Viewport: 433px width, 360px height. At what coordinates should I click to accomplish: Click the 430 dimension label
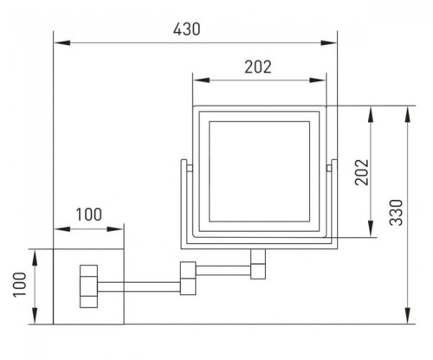click(x=186, y=29)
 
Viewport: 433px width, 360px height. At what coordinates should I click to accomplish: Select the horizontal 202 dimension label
click(x=258, y=67)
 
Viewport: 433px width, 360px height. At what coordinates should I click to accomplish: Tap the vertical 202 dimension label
click(x=362, y=172)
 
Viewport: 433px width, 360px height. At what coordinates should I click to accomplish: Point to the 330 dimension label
click(x=396, y=212)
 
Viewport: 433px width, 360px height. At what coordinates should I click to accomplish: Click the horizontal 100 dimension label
click(x=89, y=215)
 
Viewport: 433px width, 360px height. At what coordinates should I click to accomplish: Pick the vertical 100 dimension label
click(x=20, y=285)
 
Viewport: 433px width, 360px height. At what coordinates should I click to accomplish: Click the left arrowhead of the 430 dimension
click(x=61, y=43)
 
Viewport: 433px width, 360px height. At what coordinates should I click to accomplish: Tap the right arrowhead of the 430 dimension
click(x=329, y=43)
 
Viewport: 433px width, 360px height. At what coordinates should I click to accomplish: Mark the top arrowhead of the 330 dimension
click(x=408, y=114)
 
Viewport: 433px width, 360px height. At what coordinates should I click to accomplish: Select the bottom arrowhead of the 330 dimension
click(x=408, y=316)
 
